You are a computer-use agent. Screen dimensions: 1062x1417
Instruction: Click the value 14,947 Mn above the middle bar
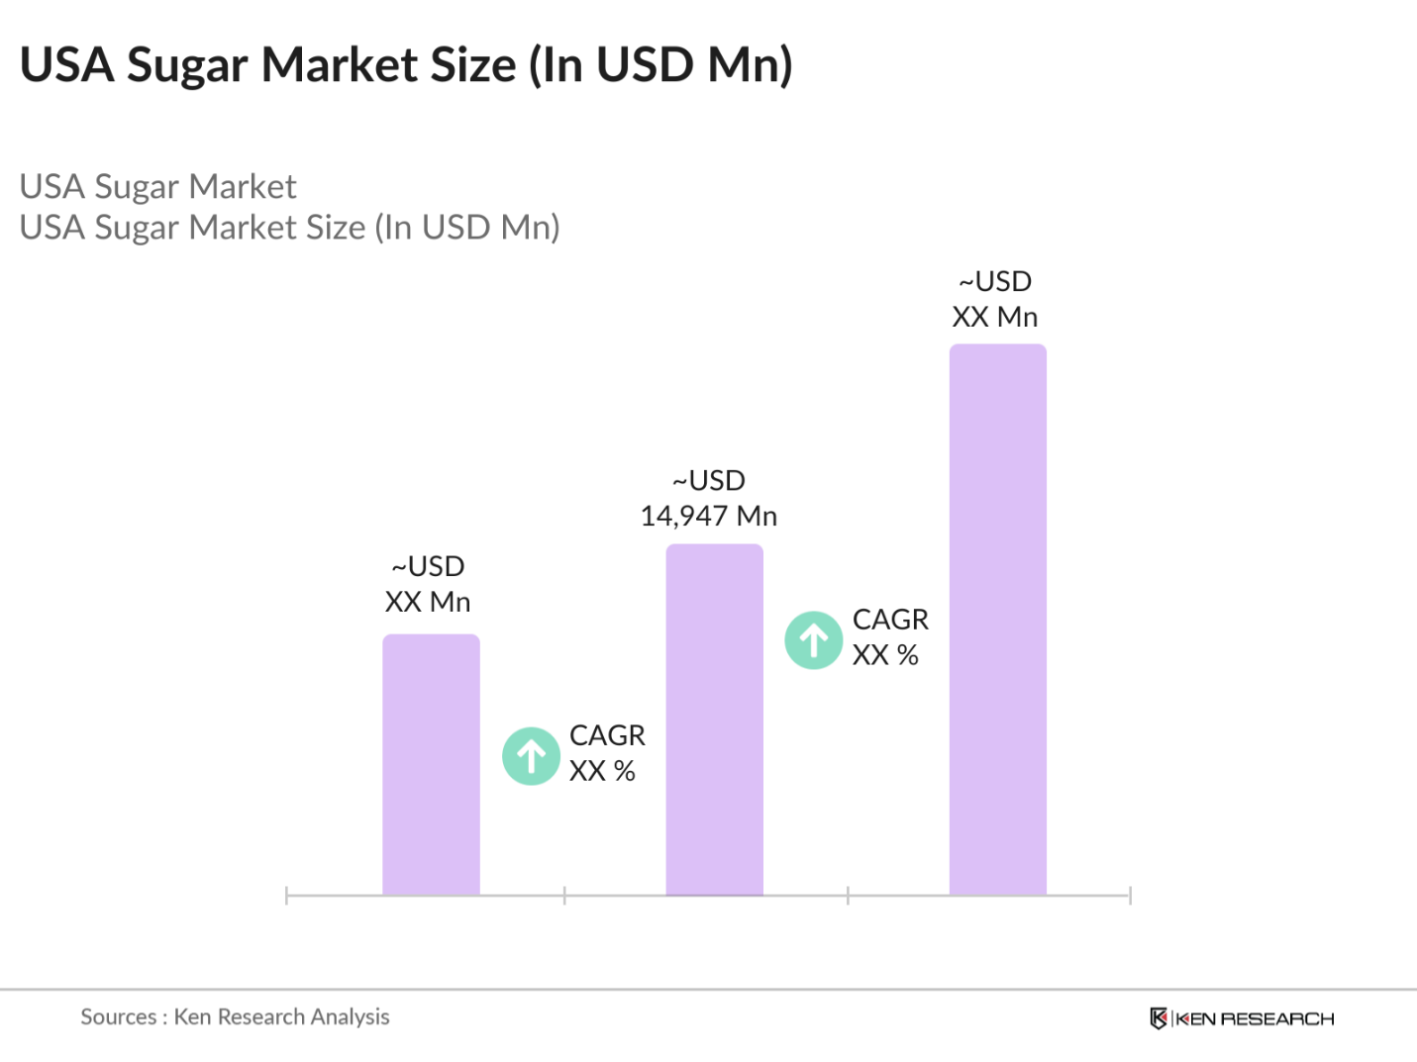coord(709,516)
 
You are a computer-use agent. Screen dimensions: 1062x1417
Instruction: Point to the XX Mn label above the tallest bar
coord(994,317)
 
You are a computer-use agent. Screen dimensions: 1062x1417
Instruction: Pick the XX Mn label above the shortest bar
coord(428,602)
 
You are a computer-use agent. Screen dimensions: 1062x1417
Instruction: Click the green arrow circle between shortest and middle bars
coord(532,756)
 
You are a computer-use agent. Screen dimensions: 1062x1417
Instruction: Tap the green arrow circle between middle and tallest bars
coord(814,640)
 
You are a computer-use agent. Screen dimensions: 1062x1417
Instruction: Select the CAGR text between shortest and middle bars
coord(607,735)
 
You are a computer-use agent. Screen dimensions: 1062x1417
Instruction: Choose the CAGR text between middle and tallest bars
coord(890,620)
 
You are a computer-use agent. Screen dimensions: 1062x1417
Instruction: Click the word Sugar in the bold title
coord(187,65)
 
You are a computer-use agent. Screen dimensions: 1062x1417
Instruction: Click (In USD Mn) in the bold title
coord(660,65)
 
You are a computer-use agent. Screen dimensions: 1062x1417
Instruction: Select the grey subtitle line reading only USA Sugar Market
coord(158,186)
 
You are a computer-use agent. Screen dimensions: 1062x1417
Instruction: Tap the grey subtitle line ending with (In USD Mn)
coord(289,228)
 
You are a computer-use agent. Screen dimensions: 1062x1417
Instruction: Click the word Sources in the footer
coord(118,1016)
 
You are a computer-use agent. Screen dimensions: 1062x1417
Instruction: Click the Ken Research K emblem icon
coord(1158,1018)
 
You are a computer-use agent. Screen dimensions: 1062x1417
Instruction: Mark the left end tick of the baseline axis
coord(286,896)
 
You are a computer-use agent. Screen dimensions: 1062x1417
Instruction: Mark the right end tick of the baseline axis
coord(1130,896)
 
